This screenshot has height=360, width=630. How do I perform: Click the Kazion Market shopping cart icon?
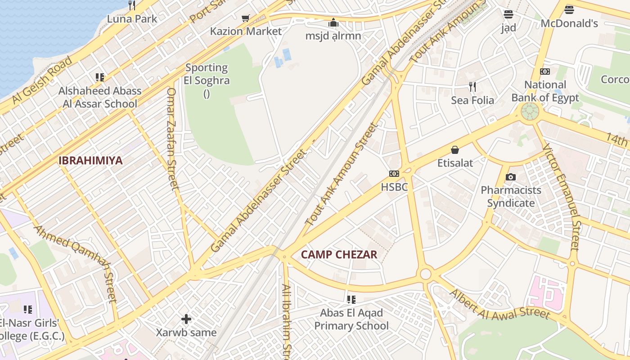(x=245, y=18)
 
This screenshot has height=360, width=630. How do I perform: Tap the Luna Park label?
(x=132, y=19)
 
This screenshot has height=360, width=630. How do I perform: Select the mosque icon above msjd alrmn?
(x=333, y=22)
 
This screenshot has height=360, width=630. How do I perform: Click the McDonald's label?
(x=569, y=23)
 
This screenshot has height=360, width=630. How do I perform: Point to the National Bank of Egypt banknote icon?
(x=545, y=72)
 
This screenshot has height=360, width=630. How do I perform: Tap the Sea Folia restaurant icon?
(x=472, y=86)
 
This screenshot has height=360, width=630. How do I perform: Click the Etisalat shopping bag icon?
(x=455, y=150)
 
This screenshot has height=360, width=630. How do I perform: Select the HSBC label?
(x=394, y=187)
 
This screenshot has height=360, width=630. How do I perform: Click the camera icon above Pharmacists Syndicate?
(x=510, y=177)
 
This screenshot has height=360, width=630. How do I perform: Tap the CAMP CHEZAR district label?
(x=339, y=255)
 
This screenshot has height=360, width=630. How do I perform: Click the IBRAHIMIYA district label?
(x=90, y=161)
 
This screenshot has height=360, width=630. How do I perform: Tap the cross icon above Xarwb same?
(x=186, y=319)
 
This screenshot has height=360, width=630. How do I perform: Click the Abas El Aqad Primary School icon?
(x=351, y=300)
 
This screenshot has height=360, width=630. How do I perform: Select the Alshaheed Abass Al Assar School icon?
(x=100, y=77)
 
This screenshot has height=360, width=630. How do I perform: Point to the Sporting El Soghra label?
(x=207, y=74)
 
